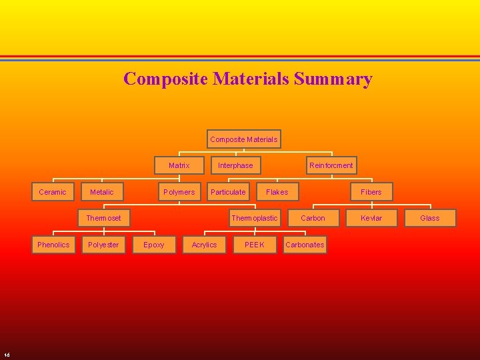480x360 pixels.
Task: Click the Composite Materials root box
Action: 244,139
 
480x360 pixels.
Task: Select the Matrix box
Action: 179,165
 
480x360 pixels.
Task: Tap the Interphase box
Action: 235,165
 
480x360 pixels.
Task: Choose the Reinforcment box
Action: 331,165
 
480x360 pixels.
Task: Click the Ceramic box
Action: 53,192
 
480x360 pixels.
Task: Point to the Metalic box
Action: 101,192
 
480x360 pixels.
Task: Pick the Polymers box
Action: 179,192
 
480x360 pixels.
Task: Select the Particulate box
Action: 228,192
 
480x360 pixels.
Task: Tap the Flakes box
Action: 277,192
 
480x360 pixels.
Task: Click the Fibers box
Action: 371,192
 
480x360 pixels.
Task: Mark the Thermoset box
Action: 104,218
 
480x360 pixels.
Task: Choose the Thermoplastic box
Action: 254,218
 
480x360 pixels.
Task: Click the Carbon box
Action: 313,218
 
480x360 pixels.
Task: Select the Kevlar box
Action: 371,218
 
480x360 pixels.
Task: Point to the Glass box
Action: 430,218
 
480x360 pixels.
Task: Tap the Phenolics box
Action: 53,245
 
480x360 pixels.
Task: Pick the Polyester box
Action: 103,245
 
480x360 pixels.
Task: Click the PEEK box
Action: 254,245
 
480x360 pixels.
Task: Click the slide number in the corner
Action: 6,354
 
